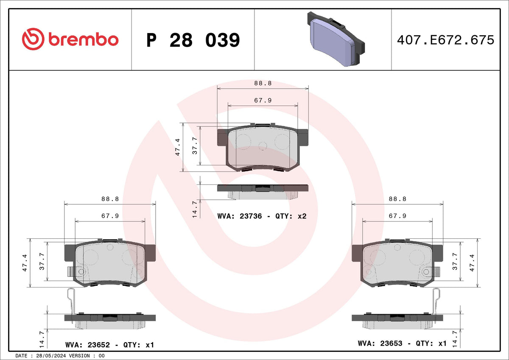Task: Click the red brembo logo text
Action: [x=83, y=40]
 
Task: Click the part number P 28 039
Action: [x=193, y=40]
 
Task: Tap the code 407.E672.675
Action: [x=445, y=40]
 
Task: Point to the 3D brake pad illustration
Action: [x=336, y=39]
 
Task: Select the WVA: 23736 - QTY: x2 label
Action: [x=262, y=216]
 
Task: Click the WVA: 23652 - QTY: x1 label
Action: [x=110, y=345]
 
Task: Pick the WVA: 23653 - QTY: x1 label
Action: [x=402, y=343]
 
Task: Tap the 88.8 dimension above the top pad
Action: [x=263, y=84]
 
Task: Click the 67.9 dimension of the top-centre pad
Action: [x=263, y=100]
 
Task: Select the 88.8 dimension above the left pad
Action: [x=110, y=199]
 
